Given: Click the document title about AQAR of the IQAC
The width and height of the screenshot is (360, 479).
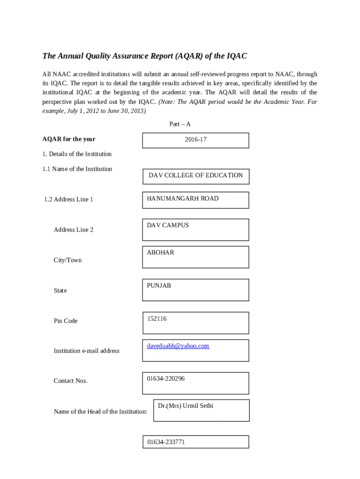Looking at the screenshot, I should point(144,56).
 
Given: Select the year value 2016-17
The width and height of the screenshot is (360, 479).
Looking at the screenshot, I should point(195,139).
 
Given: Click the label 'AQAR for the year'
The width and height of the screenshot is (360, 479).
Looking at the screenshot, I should point(69,139).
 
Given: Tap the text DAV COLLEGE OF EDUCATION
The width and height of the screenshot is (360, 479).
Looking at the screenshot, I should point(195,175).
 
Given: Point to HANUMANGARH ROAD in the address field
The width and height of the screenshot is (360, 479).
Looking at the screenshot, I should point(182,198).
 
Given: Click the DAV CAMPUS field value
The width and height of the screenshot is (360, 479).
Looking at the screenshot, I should point(168,225).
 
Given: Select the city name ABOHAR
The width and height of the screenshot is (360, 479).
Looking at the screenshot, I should point(160,252).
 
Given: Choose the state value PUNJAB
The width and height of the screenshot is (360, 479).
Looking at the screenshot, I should point(159,285).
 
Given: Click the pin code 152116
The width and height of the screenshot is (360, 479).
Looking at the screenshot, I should point(157,319).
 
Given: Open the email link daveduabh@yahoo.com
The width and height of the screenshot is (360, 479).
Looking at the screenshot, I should point(178,346).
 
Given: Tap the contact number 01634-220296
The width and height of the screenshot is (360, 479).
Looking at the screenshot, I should point(166,378).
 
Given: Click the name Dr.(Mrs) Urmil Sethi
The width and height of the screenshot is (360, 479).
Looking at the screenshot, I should point(186,406).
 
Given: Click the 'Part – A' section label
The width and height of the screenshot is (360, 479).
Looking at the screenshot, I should point(180,124).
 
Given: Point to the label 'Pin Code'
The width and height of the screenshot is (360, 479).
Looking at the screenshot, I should point(65,321).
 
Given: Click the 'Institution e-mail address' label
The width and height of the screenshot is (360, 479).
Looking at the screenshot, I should point(86,351).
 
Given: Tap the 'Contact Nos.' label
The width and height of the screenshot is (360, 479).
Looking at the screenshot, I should point(71,381).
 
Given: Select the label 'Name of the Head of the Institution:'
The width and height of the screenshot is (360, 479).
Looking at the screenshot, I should point(101,412).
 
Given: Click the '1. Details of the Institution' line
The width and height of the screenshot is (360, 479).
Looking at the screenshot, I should point(77,154).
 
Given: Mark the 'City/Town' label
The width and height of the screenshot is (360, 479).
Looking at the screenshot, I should point(67,260).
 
